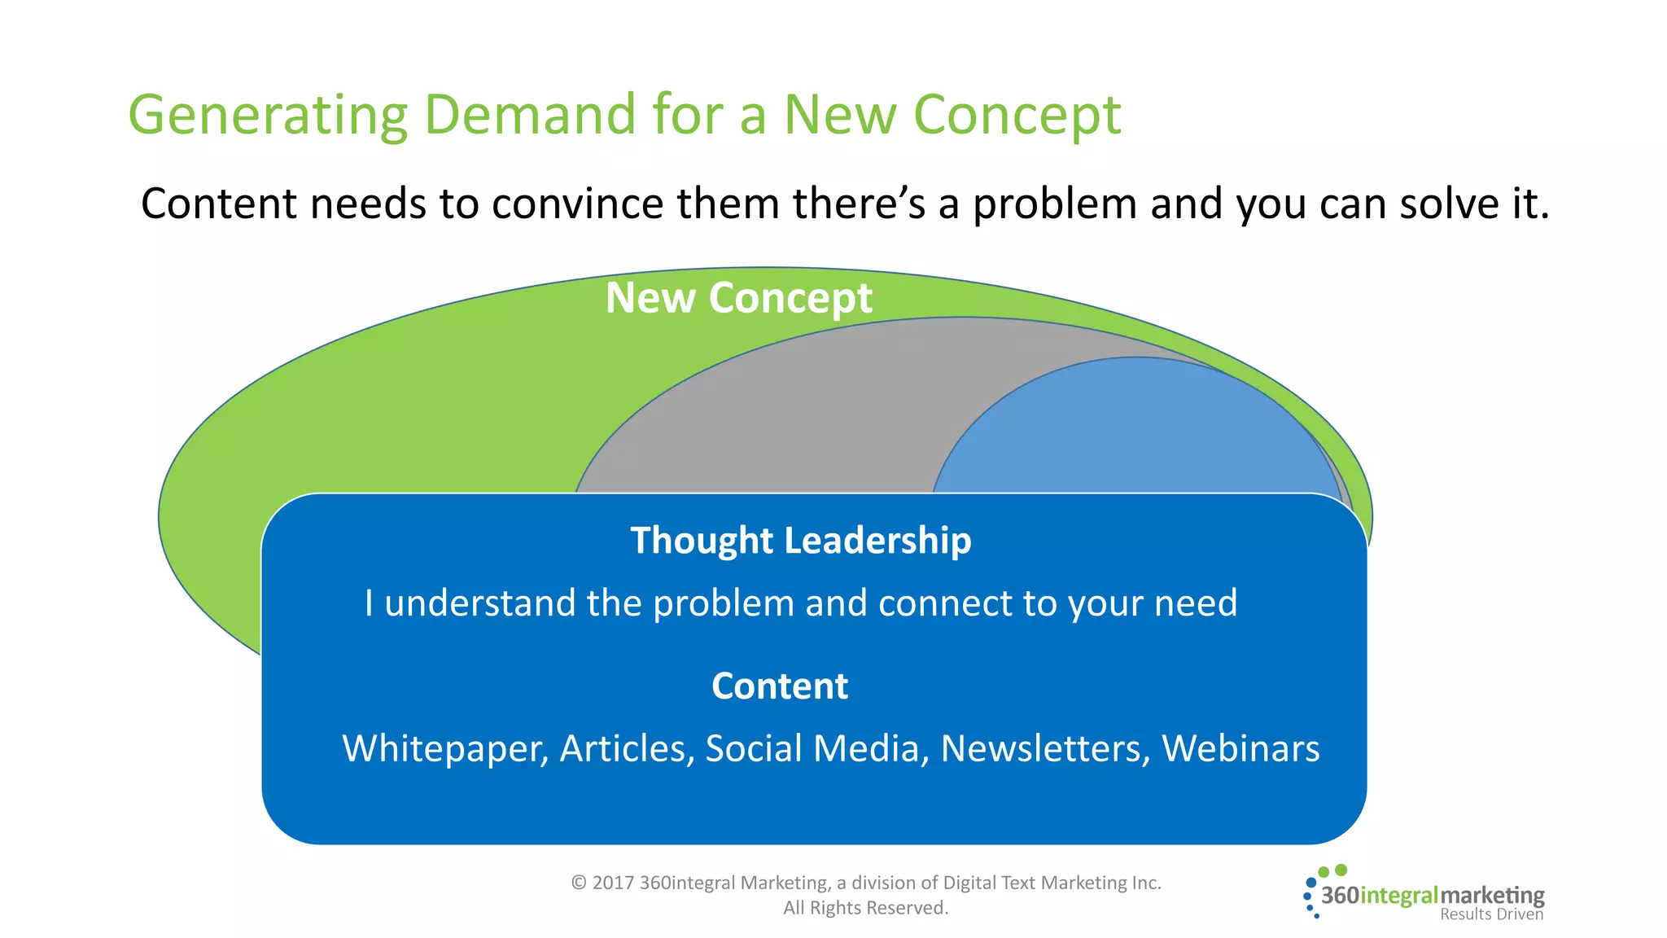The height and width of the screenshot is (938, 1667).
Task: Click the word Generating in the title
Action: pos(268,116)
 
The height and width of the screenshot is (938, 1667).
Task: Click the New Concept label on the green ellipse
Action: pos(738,298)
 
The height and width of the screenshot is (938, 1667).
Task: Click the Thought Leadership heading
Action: pos(801,541)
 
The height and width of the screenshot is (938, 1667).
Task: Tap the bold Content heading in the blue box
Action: pos(780,686)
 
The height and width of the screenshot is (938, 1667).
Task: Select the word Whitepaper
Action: pos(444,749)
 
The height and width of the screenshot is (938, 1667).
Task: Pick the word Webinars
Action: pos(1240,748)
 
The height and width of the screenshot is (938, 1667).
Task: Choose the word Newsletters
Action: pos(1045,748)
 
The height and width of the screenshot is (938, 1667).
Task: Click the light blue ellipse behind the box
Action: pos(1140,432)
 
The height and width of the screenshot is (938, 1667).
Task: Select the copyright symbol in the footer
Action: pos(579,883)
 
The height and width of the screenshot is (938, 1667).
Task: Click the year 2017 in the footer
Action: pos(613,883)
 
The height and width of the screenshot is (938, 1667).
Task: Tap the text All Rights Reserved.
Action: pos(866,908)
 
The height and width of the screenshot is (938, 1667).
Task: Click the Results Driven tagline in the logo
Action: pos(1491,914)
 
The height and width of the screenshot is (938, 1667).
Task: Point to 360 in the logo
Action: pos(1340,896)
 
